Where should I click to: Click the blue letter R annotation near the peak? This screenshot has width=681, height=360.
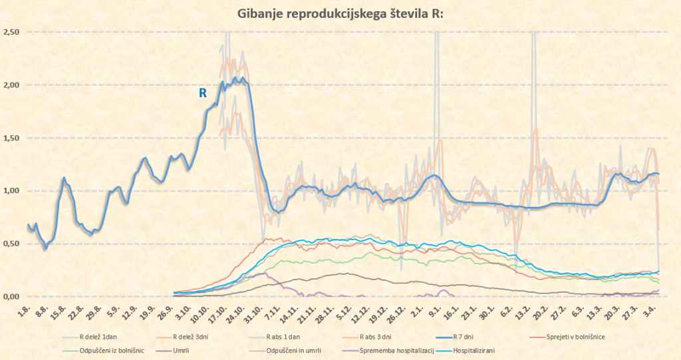[204, 93]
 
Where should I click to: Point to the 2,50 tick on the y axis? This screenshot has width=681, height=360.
[11, 32]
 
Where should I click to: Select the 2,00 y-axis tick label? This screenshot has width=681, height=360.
[11, 85]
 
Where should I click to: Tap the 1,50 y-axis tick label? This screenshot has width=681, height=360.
[11, 138]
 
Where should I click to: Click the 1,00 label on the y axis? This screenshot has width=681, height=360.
[11, 191]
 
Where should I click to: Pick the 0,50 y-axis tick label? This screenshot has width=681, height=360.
[11, 244]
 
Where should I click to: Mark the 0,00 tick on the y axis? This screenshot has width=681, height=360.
[11, 297]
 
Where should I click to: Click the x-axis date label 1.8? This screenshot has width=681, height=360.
[27, 310]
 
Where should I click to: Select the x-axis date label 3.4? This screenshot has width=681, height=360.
[654, 310]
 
